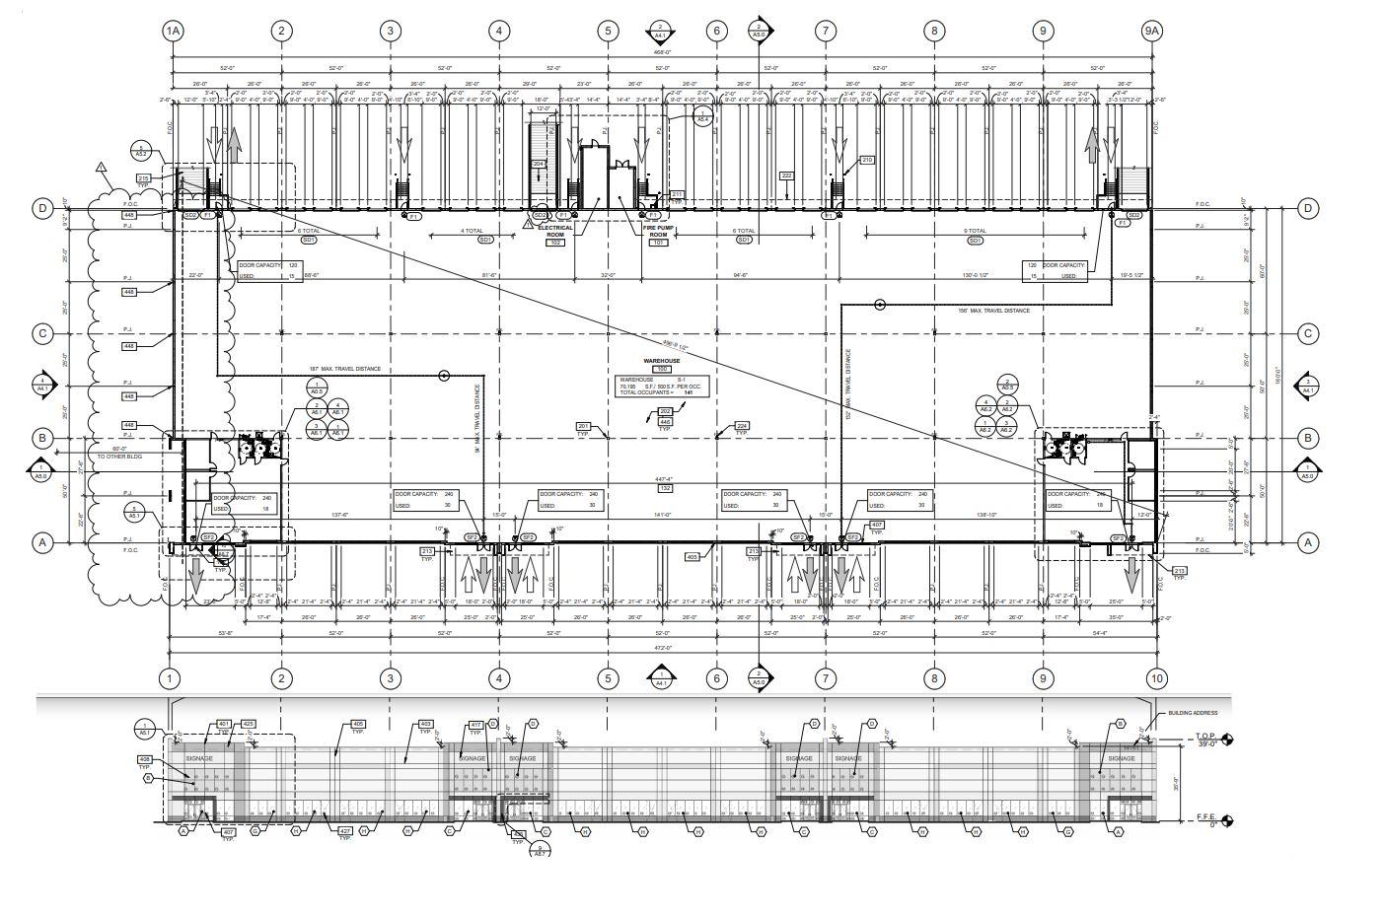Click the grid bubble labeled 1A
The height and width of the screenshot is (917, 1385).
(173, 31)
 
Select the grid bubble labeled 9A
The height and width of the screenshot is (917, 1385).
(1151, 31)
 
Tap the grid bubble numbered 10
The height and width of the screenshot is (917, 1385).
(1156, 678)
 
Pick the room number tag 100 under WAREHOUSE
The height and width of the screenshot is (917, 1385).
(663, 369)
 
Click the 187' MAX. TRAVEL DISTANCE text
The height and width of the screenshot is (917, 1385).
(343, 370)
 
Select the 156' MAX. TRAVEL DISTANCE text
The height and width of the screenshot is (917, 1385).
(993, 311)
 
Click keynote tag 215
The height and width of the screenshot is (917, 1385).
(144, 177)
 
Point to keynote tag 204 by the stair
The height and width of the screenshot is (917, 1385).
(539, 164)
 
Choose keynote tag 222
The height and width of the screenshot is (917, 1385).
(786, 176)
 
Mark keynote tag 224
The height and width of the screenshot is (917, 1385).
(742, 427)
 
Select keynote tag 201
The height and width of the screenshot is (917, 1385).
(583, 427)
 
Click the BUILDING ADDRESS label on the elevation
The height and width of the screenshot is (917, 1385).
(1193, 713)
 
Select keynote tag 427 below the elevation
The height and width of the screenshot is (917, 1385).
(345, 831)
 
